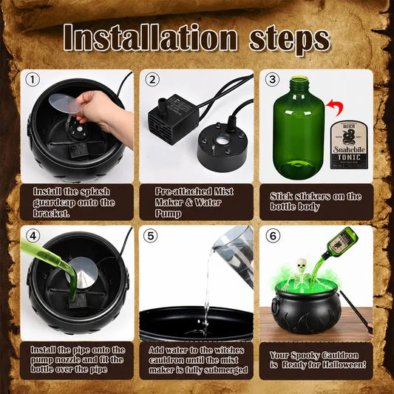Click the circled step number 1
pos(33,80)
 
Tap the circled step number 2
pos(152,80)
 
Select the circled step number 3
pos(272,80)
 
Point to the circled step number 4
pos(33,236)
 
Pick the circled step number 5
pos(150,236)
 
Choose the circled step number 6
pos(273,236)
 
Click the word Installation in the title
pos(150,38)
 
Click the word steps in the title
pos(290,40)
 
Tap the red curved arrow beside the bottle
pos(335,106)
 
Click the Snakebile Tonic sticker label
pos(349,145)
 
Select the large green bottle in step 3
pos(299,128)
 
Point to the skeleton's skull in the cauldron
pos(301,265)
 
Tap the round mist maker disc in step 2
pos(223,143)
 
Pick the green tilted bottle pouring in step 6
pos(340,243)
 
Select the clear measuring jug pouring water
pos(234,254)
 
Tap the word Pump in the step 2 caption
pos(168,214)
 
